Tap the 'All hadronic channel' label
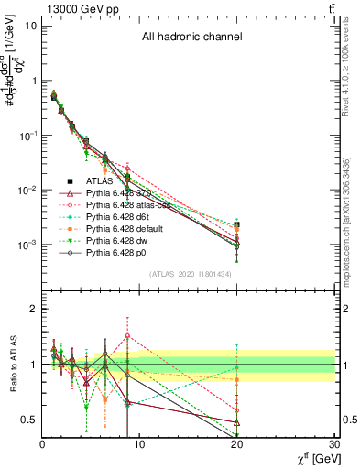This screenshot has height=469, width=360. [x=191, y=38]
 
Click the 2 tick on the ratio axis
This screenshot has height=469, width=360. [x=33, y=309]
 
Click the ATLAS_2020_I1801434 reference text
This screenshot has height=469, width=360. [x=191, y=274]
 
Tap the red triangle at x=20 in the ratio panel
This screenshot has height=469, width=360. [x=237, y=422]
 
